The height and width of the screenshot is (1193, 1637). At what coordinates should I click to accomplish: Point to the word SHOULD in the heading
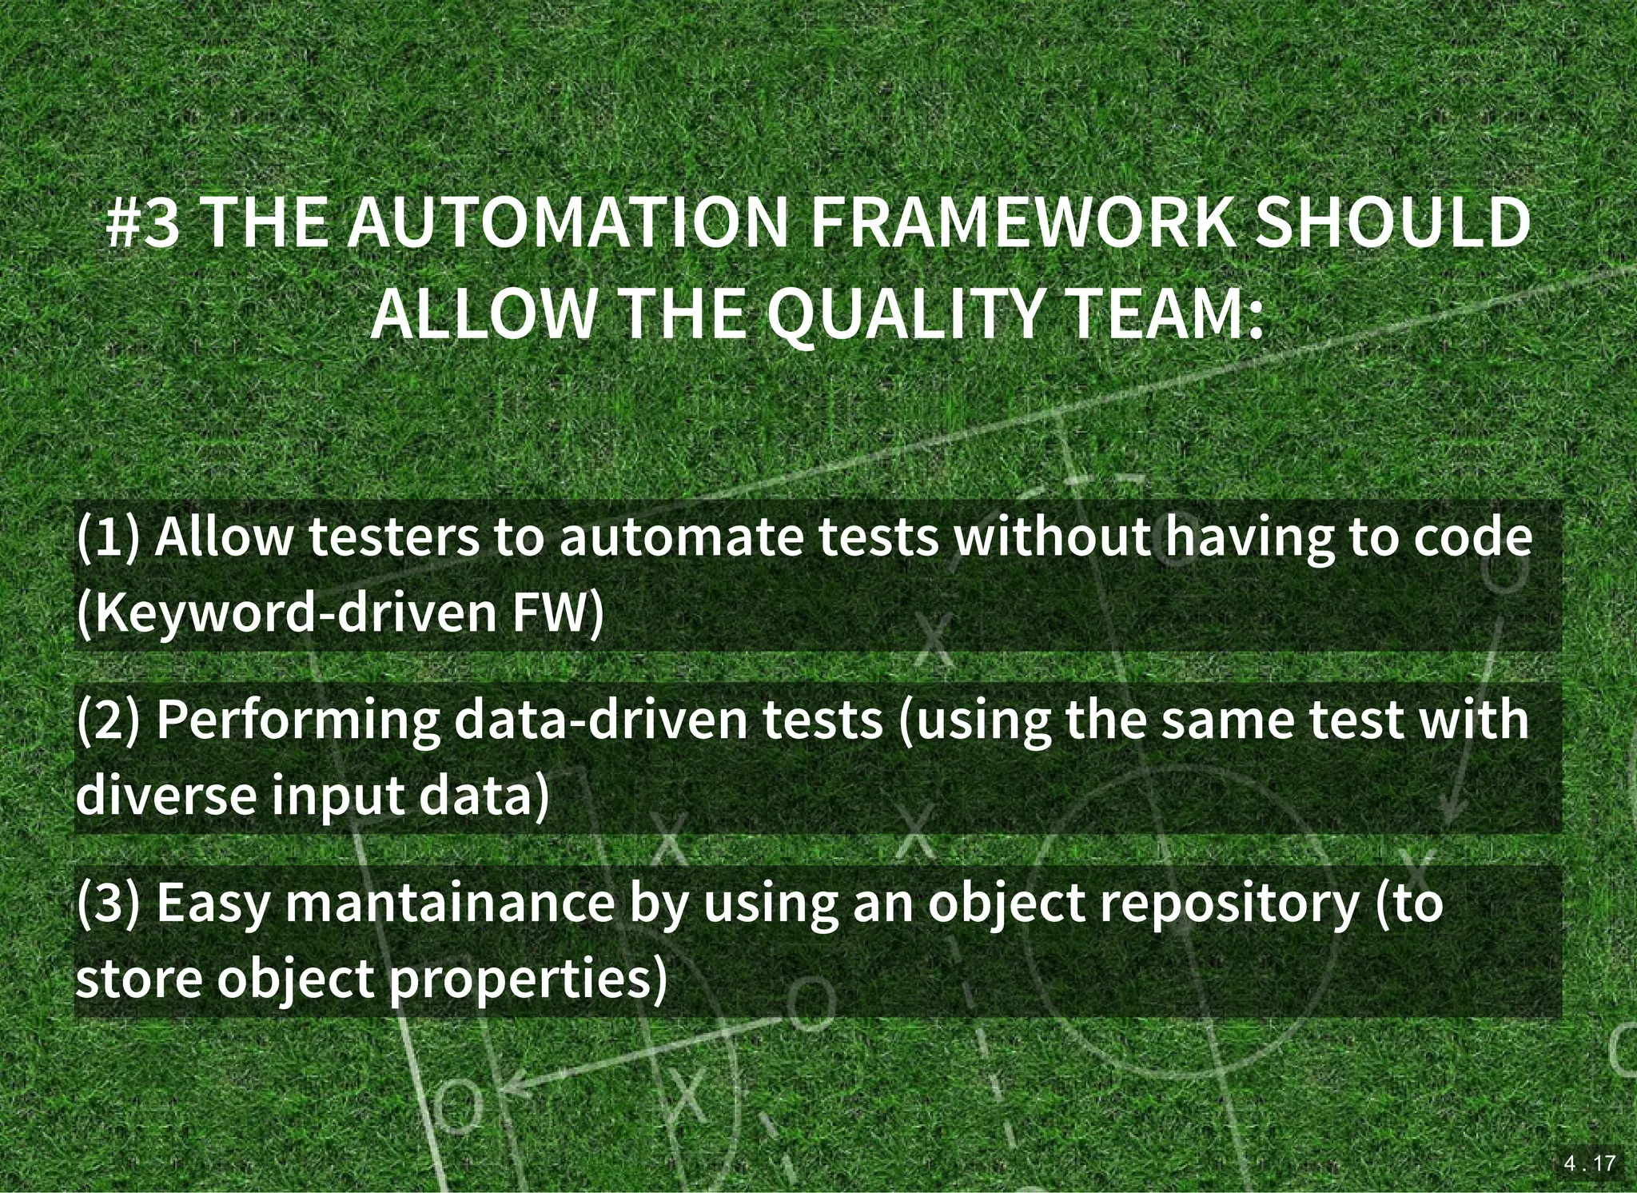pos(1392,223)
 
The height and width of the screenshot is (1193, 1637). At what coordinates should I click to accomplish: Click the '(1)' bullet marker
pos(108,537)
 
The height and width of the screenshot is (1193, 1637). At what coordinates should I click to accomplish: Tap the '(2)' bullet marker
pos(108,720)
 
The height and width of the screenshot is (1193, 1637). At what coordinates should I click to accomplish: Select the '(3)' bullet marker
pos(108,902)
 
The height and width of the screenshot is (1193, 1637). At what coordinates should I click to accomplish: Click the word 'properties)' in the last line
pos(528,978)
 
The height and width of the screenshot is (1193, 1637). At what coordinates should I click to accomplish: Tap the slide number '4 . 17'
pos(1590,1163)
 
